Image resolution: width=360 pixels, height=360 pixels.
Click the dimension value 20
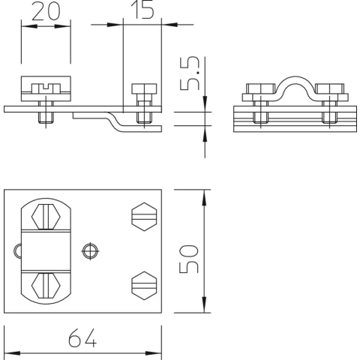46,11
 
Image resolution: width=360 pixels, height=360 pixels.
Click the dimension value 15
142,10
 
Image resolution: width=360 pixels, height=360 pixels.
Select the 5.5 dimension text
190,73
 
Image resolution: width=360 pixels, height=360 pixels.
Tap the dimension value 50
189,259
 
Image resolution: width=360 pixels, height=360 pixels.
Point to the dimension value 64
82,337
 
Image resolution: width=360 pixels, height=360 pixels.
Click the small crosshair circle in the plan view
90,250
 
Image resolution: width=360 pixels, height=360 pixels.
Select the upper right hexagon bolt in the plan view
144,217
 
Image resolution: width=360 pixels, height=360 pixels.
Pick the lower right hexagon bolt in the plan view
144,285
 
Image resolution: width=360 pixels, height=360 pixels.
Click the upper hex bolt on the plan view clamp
46,217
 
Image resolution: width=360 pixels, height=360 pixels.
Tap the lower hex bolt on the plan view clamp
46,286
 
